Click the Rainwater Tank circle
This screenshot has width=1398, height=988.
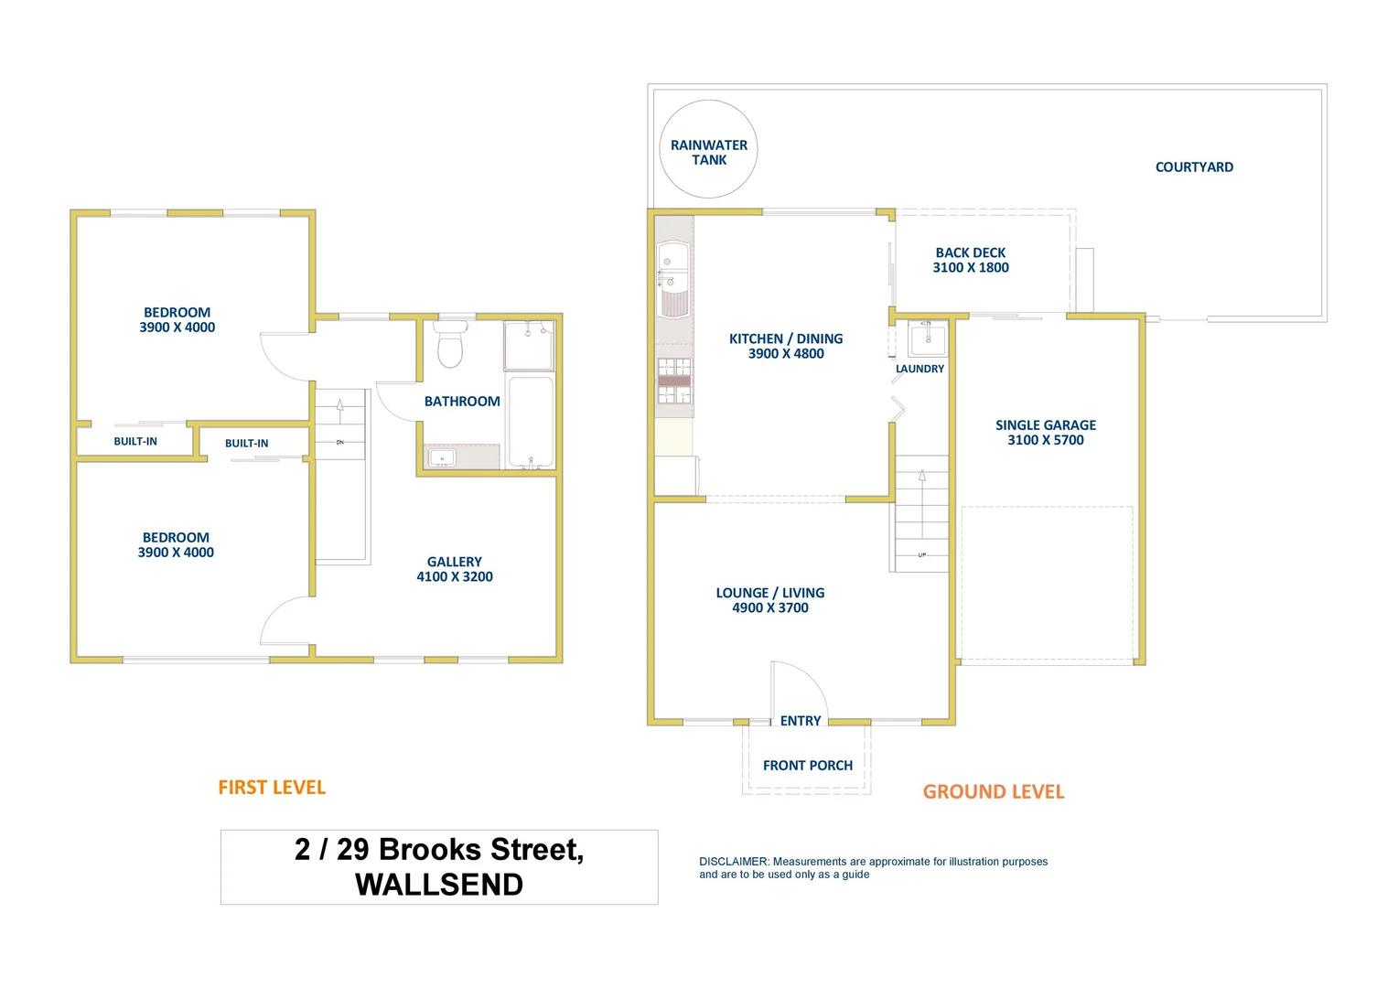pyautogui.click(x=708, y=149)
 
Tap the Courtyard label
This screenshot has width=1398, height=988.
pyautogui.click(x=1194, y=167)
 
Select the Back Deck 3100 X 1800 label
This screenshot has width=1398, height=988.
pyautogui.click(x=971, y=260)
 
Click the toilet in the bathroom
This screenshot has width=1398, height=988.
pyautogui.click(x=450, y=345)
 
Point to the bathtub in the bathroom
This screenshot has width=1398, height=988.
pyautogui.click(x=531, y=422)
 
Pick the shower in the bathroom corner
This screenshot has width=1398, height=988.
pyautogui.click(x=529, y=346)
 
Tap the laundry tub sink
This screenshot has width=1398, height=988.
pyautogui.click(x=928, y=339)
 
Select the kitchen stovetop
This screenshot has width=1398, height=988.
pyautogui.click(x=674, y=381)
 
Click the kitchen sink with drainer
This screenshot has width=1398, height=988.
pyautogui.click(x=672, y=280)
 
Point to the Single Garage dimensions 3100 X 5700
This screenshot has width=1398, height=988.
pyautogui.click(x=1046, y=440)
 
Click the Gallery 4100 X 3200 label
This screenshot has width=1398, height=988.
pyautogui.click(x=455, y=569)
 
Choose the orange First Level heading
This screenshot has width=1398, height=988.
pyautogui.click(x=272, y=788)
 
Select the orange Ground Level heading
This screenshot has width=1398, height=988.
pyautogui.click(x=994, y=792)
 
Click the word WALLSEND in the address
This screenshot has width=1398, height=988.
pyautogui.click(x=439, y=885)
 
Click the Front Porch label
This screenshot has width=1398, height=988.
pyautogui.click(x=808, y=765)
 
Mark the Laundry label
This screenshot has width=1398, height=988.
pyautogui.click(x=919, y=369)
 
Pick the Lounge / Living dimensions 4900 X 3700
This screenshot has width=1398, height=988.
pyautogui.click(x=770, y=608)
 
